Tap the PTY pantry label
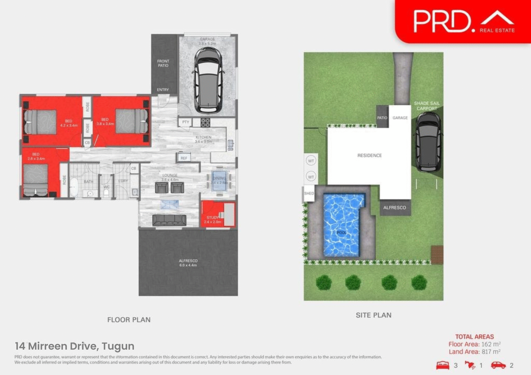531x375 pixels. (186, 122)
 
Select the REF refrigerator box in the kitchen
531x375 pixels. (184, 158)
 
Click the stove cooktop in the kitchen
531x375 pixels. (205, 122)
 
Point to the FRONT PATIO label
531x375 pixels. (163, 63)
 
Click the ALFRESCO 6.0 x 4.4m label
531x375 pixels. (188, 263)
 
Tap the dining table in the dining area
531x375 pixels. (219, 181)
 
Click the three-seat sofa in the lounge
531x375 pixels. (169, 220)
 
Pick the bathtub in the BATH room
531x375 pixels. (74, 187)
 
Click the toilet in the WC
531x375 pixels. (106, 192)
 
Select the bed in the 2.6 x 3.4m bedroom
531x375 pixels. (35, 180)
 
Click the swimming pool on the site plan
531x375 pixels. (342, 225)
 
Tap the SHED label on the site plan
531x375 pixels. (309, 193)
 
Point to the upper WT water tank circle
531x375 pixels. (311, 161)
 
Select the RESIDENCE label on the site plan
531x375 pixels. (369, 155)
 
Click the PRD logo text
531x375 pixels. (442, 22)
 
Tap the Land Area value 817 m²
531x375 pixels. (491, 352)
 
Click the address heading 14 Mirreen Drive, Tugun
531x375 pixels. (75, 346)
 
